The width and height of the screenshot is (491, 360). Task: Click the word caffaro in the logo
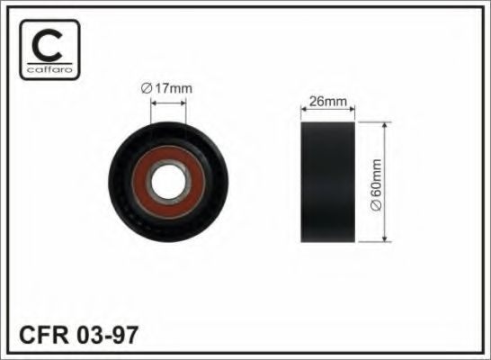(x=49, y=69)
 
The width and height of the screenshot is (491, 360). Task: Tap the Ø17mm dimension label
(x=166, y=89)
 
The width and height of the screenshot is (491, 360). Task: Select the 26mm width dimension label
(x=328, y=101)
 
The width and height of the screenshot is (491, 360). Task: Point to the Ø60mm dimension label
(x=376, y=184)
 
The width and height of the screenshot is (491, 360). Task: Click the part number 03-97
(x=107, y=335)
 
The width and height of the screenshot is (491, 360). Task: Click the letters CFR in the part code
(x=43, y=335)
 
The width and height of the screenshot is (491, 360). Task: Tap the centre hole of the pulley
(x=169, y=182)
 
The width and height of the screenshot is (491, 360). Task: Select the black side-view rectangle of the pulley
(x=328, y=182)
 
